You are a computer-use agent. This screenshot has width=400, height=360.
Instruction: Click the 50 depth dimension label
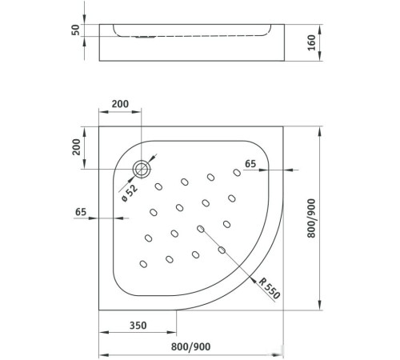click(77, 30)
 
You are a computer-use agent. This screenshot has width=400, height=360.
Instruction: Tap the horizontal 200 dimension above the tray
click(120, 105)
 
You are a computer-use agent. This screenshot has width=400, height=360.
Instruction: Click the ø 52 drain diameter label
click(129, 193)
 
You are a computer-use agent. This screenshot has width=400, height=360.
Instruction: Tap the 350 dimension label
click(138, 326)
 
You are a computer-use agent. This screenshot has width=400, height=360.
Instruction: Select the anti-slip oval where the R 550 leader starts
click(200, 229)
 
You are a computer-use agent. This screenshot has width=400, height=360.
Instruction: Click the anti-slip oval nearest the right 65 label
click(238, 171)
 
